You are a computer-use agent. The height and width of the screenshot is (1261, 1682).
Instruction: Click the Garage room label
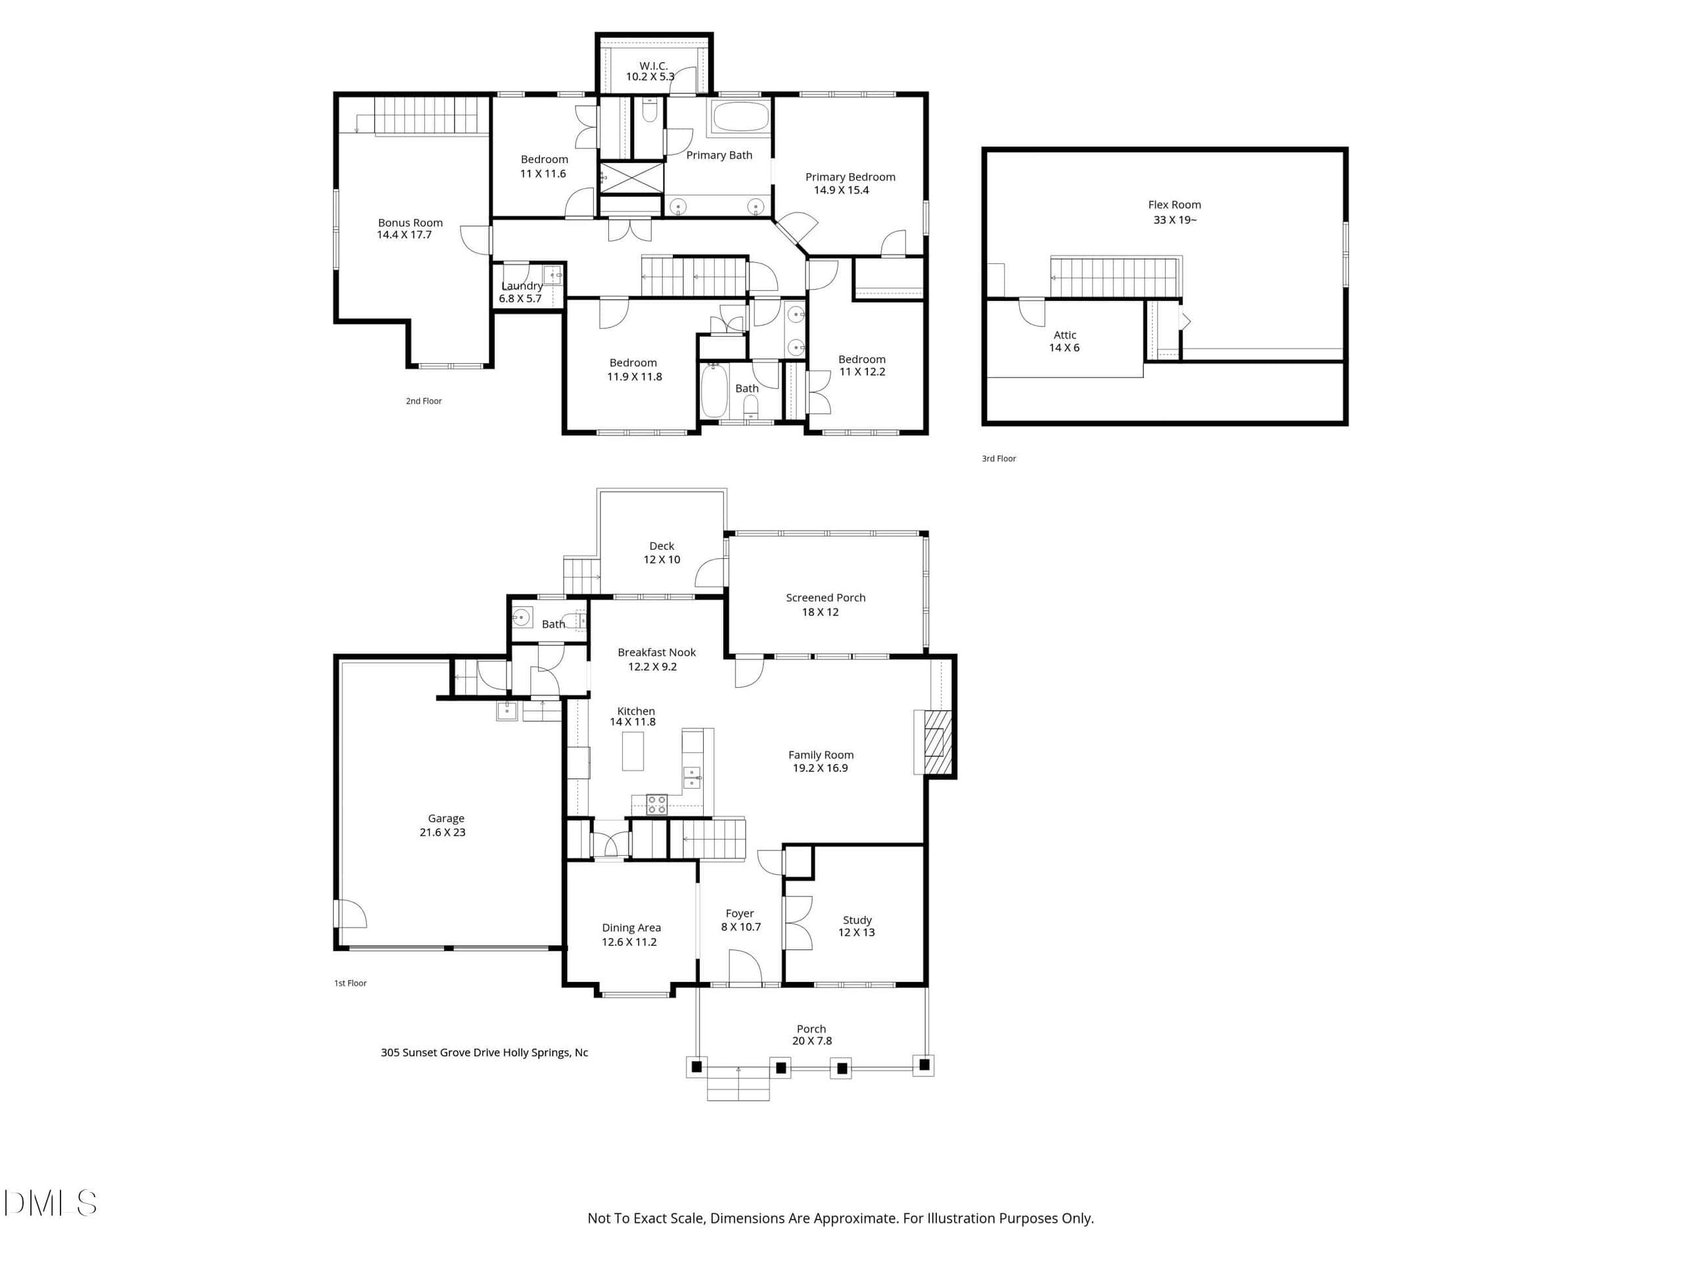[x=445, y=818]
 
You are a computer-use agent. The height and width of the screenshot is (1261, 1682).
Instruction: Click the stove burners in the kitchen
[x=656, y=804]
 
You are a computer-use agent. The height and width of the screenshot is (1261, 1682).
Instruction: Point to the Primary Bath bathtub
[x=740, y=118]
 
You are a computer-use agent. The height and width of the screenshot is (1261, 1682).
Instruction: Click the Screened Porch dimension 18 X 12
[x=821, y=612]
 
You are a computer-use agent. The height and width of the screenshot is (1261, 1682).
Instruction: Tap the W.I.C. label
[x=653, y=66]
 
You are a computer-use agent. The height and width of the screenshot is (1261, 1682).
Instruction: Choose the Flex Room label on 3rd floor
[x=1174, y=204]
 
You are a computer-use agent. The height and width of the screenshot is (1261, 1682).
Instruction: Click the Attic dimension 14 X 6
[x=1064, y=347]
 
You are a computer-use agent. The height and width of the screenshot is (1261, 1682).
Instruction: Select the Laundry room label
[x=522, y=286]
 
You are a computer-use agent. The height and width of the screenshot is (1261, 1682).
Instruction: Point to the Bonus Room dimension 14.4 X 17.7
[x=405, y=235]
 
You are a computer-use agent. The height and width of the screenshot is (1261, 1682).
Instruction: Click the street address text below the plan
[x=484, y=1053]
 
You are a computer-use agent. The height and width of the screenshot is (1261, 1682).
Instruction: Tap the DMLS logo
[x=50, y=1203]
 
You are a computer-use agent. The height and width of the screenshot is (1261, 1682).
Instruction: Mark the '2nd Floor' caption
[x=424, y=401]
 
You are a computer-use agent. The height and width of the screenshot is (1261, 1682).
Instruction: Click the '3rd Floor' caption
[x=999, y=458]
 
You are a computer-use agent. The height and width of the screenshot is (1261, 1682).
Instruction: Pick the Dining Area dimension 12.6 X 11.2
[x=629, y=942]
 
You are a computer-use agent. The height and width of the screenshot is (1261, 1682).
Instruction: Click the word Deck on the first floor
[x=662, y=546]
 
